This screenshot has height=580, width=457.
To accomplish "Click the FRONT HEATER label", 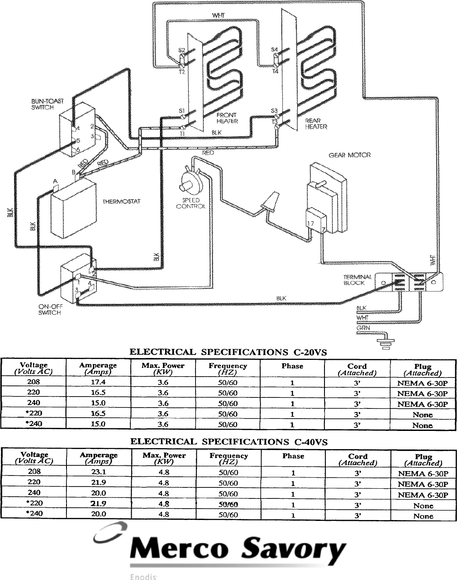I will point(227,118).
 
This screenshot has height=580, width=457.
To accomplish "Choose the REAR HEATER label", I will point(316,123).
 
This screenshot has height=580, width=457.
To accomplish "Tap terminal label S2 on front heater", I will point(181,51).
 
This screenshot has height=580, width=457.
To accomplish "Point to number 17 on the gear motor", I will point(310,224).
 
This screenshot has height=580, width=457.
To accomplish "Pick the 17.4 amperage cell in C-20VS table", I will point(98,383).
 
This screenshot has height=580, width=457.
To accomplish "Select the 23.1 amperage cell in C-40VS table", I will point(98,473).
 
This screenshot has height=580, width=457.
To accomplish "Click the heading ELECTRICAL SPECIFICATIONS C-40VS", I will point(229,442).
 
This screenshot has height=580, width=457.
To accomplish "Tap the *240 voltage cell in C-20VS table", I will point(34,424).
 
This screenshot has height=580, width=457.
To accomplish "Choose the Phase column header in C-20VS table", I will point(292,366).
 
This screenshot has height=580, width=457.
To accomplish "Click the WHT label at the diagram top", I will point(218,15).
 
